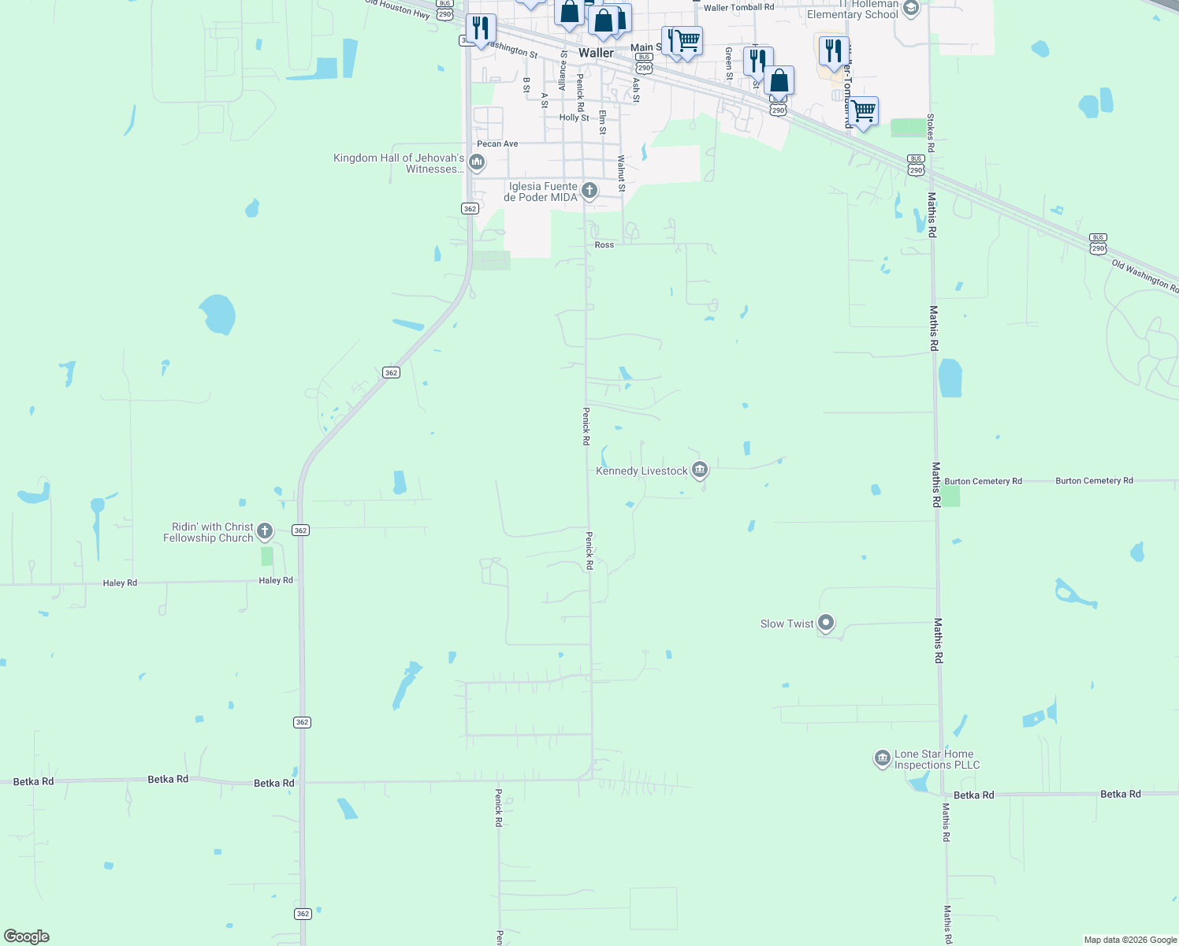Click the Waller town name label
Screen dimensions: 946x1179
click(596, 53)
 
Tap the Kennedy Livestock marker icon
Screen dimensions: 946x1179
click(699, 471)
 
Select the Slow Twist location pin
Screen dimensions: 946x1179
click(826, 623)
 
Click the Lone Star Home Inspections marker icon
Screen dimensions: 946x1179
click(882, 758)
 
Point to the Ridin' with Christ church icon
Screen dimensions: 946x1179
click(265, 531)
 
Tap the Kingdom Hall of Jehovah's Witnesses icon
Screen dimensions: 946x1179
click(476, 162)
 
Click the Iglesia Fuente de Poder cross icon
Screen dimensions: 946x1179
click(589, 190)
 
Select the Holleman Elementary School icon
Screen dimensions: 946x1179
click(911, 9)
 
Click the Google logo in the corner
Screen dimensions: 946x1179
click(27, 937)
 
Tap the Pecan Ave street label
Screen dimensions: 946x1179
click(497, 143)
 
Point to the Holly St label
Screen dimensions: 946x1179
click(574, 117)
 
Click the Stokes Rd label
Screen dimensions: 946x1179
click(931, 133)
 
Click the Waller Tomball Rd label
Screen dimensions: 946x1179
click(738, 7)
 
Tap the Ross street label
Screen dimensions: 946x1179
click(604, 245)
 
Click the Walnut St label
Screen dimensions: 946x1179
click(621, 173)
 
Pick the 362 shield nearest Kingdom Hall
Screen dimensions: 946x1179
click(470, 209)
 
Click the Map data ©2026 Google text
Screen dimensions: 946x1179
click(1130, 940)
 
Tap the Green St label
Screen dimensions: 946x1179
click(729, 64)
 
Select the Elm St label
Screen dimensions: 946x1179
click(602, 122)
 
